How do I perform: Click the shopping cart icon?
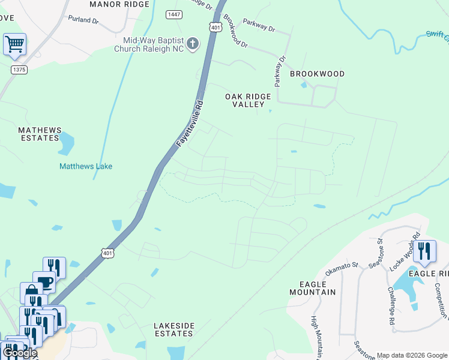14,43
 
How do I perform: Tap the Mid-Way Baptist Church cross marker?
192,43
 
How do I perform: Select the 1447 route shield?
175,14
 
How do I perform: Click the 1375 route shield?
19,70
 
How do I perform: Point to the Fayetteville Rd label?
191,124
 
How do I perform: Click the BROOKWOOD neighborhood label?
317,74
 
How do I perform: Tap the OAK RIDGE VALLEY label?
248,100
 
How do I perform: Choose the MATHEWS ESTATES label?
39,134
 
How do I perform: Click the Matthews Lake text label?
86,166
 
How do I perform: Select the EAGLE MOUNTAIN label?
313,287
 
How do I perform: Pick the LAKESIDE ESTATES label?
174,329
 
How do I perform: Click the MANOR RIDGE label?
119,4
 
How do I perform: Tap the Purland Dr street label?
83,20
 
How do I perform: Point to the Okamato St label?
341,266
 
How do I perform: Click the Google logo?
19,353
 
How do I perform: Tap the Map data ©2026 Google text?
412,355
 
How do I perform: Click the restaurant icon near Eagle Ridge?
424,250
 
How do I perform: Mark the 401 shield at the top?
216,28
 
